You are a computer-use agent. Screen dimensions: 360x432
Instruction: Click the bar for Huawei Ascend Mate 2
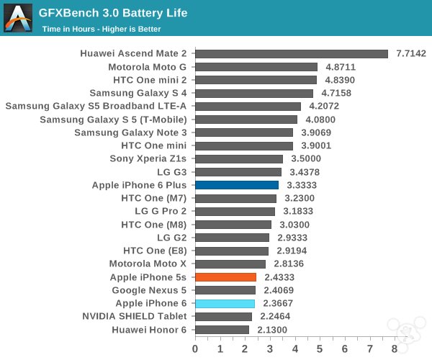pyautogui.click(x=292, y=54)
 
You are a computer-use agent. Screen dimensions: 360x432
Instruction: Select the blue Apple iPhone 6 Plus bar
pyautogui.click(x=237, y=185)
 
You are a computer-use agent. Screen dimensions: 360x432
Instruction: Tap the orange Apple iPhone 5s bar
pyautogui.click(x=225, y=277)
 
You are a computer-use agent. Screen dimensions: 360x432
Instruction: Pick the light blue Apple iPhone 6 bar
pyautogui.click(x=225, y=303)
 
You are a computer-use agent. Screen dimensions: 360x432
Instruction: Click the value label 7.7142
pyautogui.click(x=411, y=54)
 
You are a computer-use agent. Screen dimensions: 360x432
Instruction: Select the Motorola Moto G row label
pyautogui.click(x=148, y=67)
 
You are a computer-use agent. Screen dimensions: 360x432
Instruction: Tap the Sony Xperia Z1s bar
pyautogui.click(x=239, y=159)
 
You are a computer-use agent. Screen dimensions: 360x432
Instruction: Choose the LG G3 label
pyautogui.click(x=172, y=172)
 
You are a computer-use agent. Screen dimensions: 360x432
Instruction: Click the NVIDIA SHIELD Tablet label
pyautogui.click(x=135, y=316)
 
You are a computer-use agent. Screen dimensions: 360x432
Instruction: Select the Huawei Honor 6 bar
pyautogui.click(x=222, y=330)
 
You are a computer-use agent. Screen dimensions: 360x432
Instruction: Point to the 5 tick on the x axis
pyautogui.click(x=320, y=348)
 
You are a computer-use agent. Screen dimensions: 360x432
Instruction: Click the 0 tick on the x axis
pyautogui.click(x=195, y=348)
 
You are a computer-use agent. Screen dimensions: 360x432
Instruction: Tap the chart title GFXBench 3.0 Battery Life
pyautogui.click(x=114, y=13)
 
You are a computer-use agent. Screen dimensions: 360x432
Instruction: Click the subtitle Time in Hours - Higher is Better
pyautogui.click(x=101, y=29)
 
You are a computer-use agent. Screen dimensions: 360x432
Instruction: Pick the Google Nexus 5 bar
pyautogui.click(x=225, y=290)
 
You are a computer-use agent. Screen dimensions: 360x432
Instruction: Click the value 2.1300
pyautogui.click(x=271, y=330)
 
